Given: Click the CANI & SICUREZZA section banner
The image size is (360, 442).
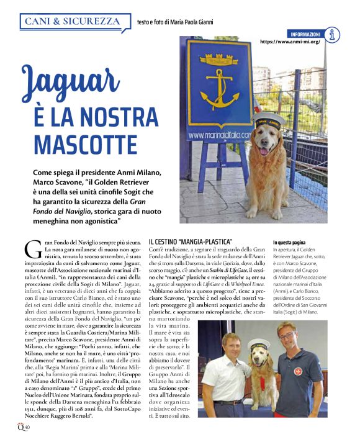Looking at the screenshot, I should coord(72,21).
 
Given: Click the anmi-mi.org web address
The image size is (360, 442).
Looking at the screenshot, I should coord(290,42).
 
